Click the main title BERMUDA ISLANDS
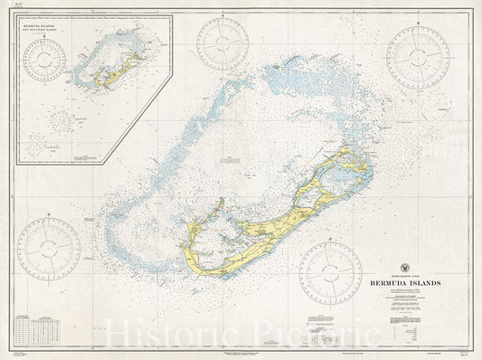coord(405,282)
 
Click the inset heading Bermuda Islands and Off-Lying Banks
coord(49,29)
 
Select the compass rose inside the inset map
coord(44,61)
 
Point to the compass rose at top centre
coord(222,43)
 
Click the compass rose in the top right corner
coord(418,57)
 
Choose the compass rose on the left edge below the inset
coord(48,249)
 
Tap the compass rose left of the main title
coord(330,272)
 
